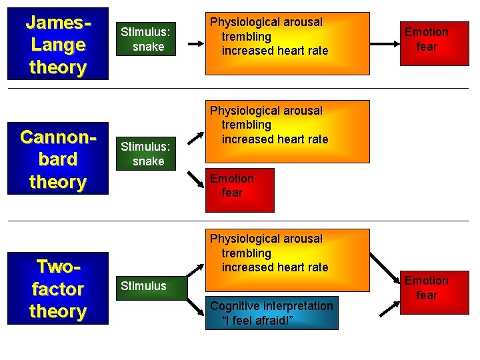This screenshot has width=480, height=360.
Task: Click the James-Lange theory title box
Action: tap(57, 45)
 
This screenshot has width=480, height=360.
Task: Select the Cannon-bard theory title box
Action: tap(57, 159)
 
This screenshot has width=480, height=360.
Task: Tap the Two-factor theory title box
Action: tap(57, 288)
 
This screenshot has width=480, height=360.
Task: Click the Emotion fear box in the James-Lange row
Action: tap(427, 39)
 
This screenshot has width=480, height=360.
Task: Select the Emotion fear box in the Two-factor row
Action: tap(427, 288)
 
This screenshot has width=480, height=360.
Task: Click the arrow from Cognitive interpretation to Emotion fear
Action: tap(391, 308)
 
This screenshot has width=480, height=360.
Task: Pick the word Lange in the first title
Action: tap(57, 45)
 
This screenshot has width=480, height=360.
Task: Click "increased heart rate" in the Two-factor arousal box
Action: tap(275, 267)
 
